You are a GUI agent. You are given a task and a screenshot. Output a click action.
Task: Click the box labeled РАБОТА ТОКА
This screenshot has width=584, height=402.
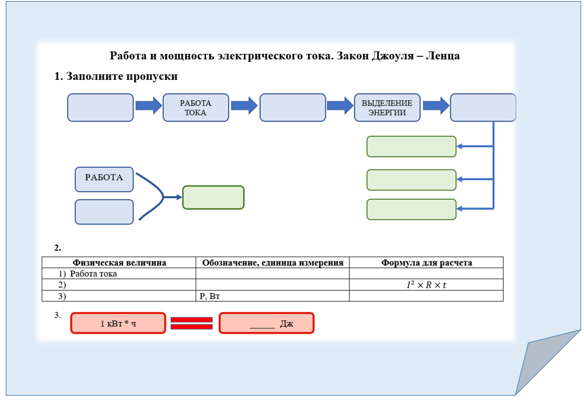pyautogui.click(x=196, y=108)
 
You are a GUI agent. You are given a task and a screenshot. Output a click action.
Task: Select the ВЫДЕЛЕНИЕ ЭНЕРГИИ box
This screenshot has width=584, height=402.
pyautogui.click(x=387, y=108)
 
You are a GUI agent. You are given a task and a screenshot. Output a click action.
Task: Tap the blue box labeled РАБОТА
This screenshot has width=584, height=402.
pyautogui.click(x=104, y=179)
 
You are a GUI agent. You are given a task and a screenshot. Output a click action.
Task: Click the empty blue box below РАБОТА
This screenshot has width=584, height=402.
pyautogui.click(x=104, y=211)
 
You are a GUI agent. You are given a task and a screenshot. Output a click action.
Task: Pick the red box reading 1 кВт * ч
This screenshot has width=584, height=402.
pyautogui.click(x=118, y=323)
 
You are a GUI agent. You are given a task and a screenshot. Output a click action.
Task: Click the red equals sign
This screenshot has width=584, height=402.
pyautogui.click(x=192, y=323)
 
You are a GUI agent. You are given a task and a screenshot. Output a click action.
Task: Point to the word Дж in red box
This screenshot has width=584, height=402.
pyautogui.click(x=287, y=323)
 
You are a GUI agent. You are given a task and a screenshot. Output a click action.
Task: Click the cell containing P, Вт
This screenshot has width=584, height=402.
pyautogui.click(x=210, y=296)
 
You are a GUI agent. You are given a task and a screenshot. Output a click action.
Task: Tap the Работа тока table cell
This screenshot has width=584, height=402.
pyautogui.click(x=93, y=274)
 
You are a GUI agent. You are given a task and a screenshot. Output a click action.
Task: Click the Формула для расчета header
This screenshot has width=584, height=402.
pyautogui.click(x=426, y=262)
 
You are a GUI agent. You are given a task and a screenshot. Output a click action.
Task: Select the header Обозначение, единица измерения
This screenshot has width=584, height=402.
pyautogui.click(x=272, y=262)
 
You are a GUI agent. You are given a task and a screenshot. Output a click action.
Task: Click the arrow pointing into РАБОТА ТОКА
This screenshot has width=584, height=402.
pyautogui.click(x=148, y=105)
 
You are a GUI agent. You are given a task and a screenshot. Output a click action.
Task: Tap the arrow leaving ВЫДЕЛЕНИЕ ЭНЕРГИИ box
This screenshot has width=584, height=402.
pyautogui.click(x=436, y=105)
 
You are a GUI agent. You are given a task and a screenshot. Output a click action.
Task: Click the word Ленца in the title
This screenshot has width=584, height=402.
pyautogui.click(x=443, y=56)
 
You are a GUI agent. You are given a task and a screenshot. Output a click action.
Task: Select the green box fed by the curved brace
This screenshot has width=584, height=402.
pyautogui.click(x=213, y=197)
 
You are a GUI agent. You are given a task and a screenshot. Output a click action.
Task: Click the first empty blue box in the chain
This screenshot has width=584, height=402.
pyautogui.click(x=100, y=108)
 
